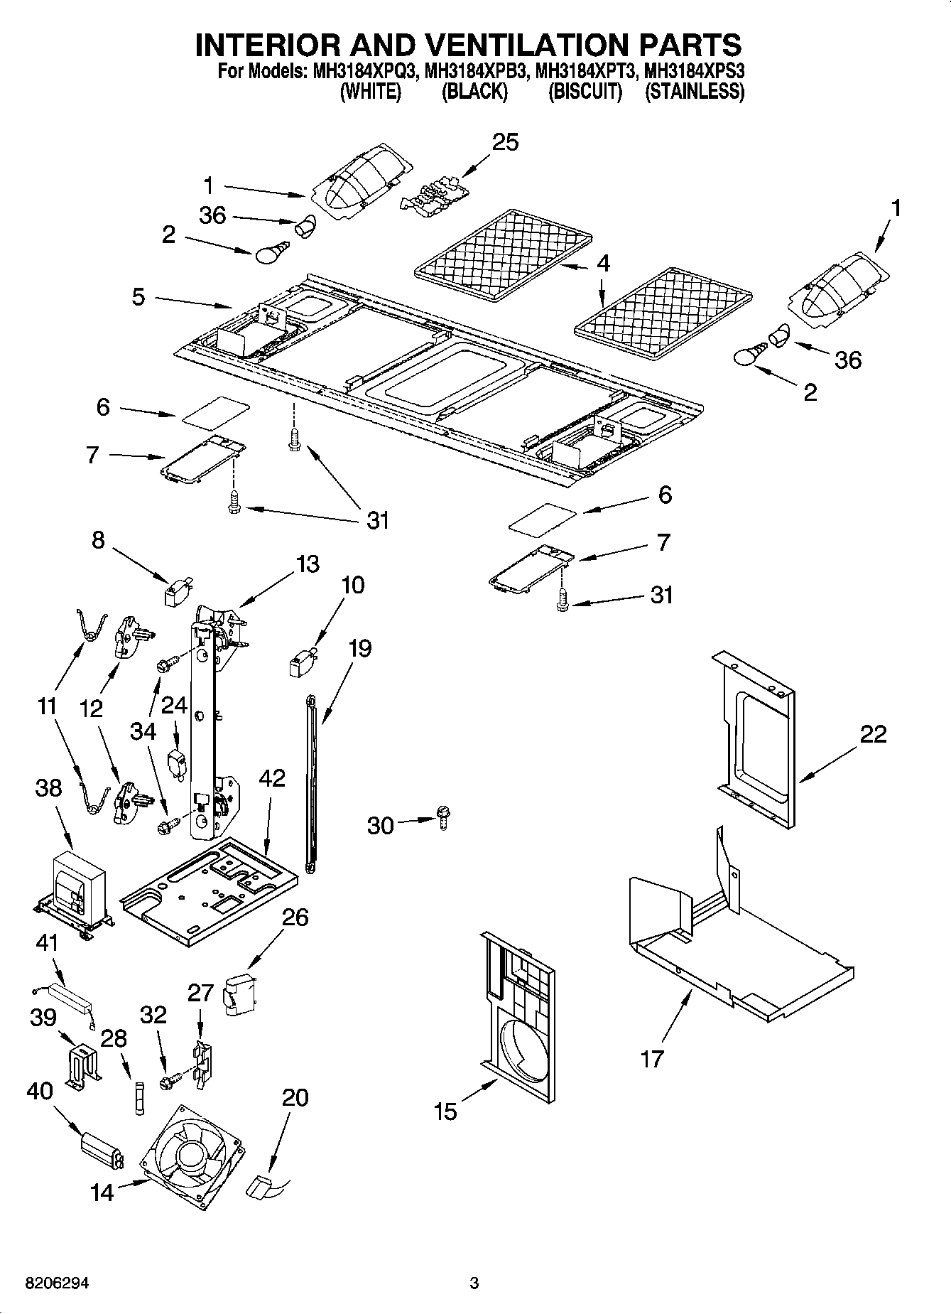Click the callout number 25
505,142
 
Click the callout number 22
872,733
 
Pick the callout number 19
359,648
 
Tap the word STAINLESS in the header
695,92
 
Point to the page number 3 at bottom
474,1283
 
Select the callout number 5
138,296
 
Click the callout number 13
307,564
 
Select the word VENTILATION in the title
523,44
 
